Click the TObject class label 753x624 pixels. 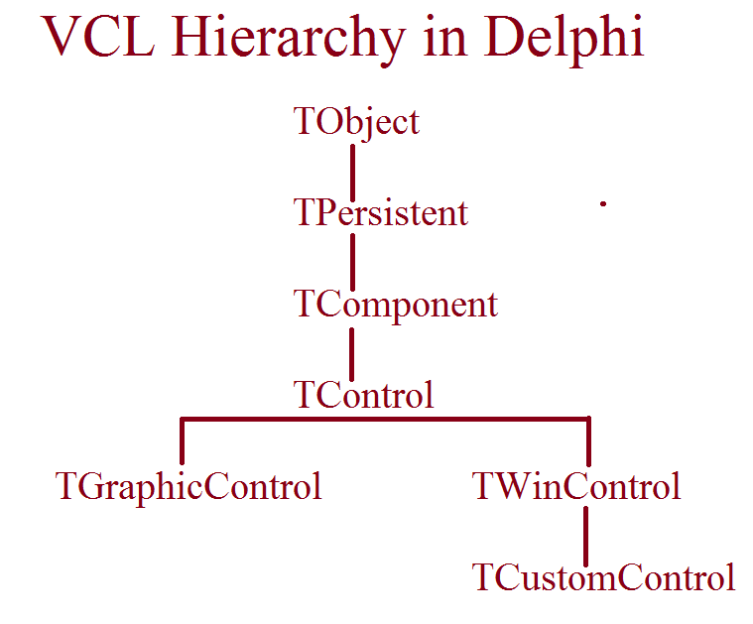[x=357, y=122]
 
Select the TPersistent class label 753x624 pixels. [x=381, y=213]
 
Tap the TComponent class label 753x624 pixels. [x=396, y=305]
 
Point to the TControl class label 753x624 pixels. [x=364, y=395]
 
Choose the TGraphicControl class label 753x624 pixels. [x=188, y=487]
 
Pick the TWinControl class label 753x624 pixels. [x=576, y=487]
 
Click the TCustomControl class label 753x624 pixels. [x=603, y=577]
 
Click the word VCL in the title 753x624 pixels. [x=98, y=37]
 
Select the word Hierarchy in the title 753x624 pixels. [x=288, y=41]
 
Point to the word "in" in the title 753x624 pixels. [x=445, y=37]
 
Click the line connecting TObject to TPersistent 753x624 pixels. [x=353, y=173]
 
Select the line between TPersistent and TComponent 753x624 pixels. [x=353, y=262]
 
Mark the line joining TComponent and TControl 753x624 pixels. [x=352, y=354]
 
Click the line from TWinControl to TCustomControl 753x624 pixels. [x=586, y=536]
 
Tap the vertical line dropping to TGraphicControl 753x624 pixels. [x=182, y=441]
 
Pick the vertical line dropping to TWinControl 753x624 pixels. [x=588, y=441]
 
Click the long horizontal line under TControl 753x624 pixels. [x=385, y=420]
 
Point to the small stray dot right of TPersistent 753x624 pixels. [x=603, y=203]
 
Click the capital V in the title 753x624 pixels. [x=60, y=37]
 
